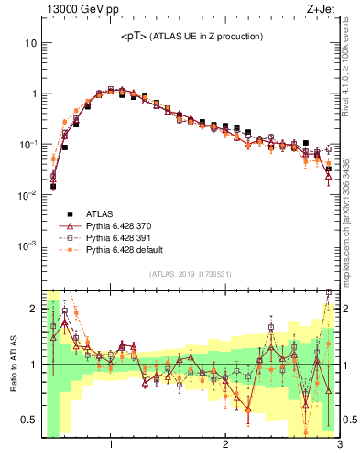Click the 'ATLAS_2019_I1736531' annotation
(x=191, y=274)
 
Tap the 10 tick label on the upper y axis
(x=30, y=43)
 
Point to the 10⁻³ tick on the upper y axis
(x=27, y=245)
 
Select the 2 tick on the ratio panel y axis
(x=32, y=309)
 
